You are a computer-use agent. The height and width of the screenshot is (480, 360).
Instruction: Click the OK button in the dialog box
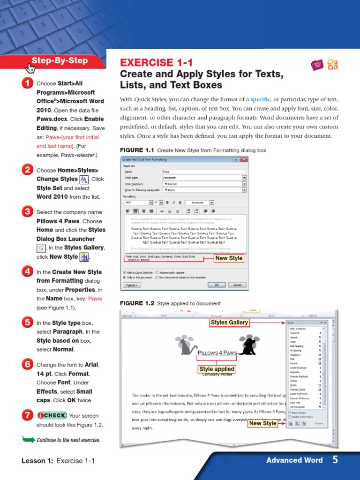tap(217, 285)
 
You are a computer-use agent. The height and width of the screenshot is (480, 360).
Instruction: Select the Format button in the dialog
tap(132, 285)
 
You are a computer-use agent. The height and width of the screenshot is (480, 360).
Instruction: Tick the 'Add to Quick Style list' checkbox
tap(124, 272)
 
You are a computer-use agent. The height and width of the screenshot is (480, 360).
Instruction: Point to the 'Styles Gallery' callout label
tap(229, 322)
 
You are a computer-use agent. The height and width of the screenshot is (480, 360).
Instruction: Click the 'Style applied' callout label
tap(217, 369)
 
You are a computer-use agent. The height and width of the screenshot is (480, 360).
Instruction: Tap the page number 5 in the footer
tap(335, 459)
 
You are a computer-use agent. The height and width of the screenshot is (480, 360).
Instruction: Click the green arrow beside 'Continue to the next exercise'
tap(29, 440)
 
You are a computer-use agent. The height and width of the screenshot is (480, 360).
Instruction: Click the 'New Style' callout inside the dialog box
tap(229, 258)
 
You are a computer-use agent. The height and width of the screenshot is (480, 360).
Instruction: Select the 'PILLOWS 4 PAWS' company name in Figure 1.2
tap(217, 352)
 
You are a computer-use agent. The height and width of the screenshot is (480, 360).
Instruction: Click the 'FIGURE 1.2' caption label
tap(137, 303)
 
